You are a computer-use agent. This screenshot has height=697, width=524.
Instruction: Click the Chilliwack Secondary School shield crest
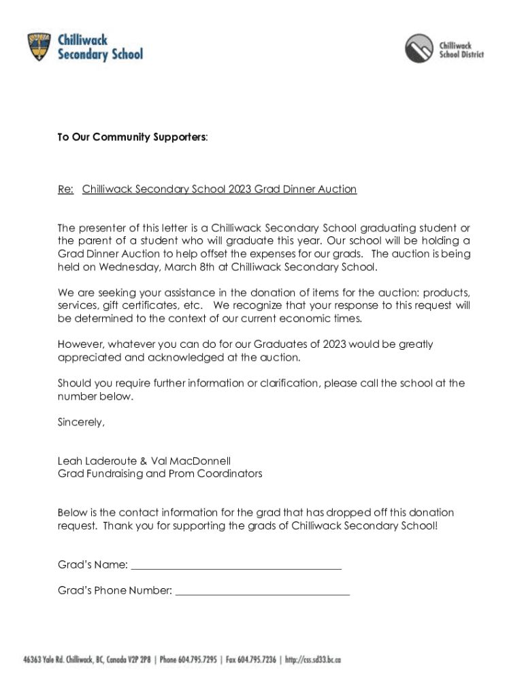(39, 46)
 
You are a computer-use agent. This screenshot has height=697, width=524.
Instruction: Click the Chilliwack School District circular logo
(419, 48)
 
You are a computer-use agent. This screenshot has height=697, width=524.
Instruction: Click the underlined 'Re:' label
(66, 189)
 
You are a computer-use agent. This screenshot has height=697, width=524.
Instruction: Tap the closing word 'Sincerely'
(81, 422)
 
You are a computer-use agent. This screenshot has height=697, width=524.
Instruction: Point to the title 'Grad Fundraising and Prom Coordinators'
(160, 474)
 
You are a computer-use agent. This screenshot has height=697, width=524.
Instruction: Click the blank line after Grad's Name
(235, 566)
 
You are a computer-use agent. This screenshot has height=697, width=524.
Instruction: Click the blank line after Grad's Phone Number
(262, 592)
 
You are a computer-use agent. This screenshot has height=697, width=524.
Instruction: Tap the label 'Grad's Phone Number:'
(114, 591)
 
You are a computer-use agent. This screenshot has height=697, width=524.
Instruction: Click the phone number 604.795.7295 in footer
(198, 660)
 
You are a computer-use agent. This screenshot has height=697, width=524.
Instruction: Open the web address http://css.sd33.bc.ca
(313, 660)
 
